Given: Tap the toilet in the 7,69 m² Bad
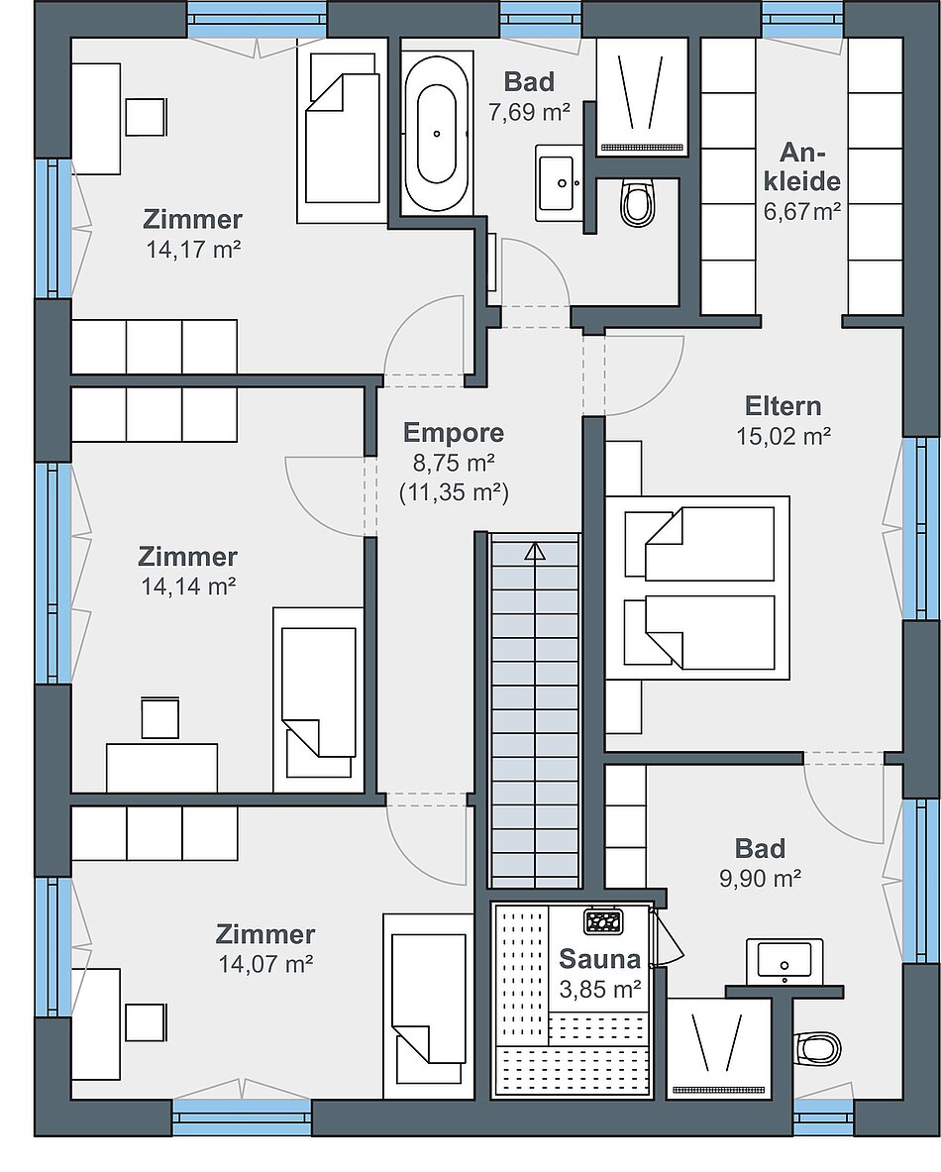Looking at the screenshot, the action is click(x=638, y=202).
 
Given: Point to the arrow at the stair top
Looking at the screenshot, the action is click(x=535, y=552).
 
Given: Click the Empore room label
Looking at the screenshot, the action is click(x=454, y=432).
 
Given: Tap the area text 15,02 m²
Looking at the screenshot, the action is click(x=784, y=436).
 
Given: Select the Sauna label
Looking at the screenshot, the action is click(x=600, y=958).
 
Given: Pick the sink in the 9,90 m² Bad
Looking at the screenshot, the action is click(x=784, y=961).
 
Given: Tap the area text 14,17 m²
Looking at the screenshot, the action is click(x=193, y=249).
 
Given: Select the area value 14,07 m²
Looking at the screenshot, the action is click(x=265, y=964).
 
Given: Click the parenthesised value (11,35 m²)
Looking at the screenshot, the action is click(x=454, y=492).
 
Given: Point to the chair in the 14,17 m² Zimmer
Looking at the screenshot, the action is click(x=145, y=117).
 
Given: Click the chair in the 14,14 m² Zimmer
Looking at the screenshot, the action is click(x=159, y=717).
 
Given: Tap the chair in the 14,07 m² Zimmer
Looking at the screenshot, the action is click(x=145, y=1022).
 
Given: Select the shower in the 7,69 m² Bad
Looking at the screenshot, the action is click(x=643, y=98).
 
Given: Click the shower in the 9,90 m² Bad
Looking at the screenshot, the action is click(x=719, y=1049).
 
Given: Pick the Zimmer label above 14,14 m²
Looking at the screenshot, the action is click(x=187, y=556).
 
